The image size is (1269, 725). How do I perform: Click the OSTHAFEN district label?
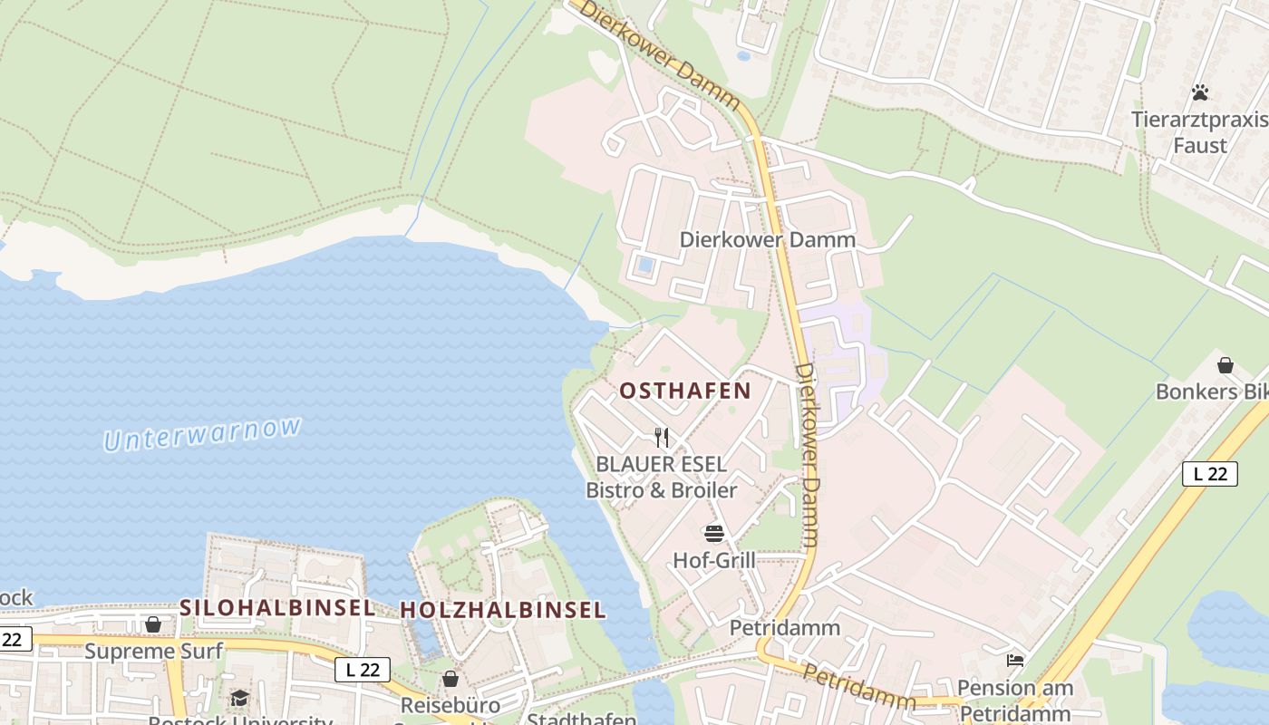tap(685, 391)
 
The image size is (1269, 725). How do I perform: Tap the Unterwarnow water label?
tap(202, 433)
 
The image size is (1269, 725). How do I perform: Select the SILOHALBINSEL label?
tap(277, 608)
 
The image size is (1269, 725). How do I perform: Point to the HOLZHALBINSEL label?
tap(502, 610)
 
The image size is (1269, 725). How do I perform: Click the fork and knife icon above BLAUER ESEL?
tap(662, 438)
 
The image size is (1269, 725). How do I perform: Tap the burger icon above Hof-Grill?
tap(714, 533)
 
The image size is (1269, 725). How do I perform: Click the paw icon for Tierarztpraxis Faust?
tap(1200, 92)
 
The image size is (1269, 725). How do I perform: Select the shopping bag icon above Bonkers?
tap(1225, 365)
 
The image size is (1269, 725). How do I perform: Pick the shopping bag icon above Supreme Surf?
tap(153, 624)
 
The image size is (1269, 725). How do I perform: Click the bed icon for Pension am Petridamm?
tap(1015, 661)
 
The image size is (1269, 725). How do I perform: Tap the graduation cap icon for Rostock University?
tap(239, 698)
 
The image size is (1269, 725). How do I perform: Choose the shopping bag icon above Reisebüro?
tap(450, 679)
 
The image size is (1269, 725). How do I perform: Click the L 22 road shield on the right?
tap(1209, 473)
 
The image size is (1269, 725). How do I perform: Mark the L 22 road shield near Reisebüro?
tap(363, 670)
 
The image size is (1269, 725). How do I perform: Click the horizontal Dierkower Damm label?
tap(768, 240)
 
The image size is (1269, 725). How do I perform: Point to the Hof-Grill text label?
tap(714, 560)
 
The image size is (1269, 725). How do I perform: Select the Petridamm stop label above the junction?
tap(785, 627)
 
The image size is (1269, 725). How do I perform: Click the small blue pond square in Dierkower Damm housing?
tap(644, 266)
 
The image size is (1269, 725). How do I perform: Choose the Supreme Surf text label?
tap(153, 651)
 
